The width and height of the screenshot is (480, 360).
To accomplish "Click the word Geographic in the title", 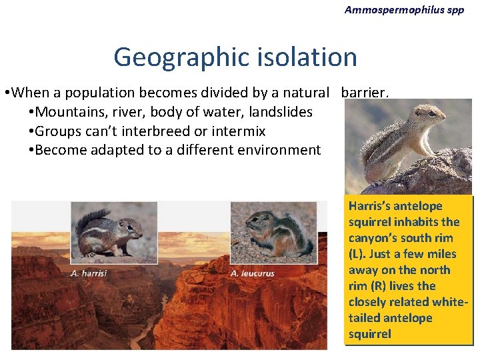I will tap(171, 57).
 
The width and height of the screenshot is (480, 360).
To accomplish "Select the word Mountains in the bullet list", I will tap(67, 112).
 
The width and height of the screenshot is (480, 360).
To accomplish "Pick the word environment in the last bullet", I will tap(279, 149).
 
